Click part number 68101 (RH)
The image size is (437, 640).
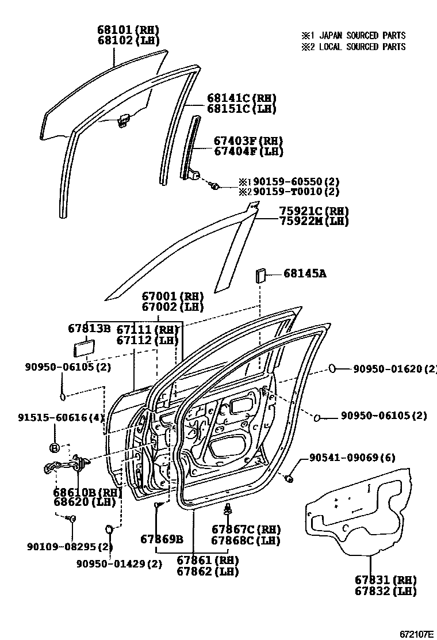pyautogui.click(x=128, y=29)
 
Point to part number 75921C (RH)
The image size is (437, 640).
pyautogui.click(x=314, y=211)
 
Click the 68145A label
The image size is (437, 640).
pyautogui.click(x=304, y=274)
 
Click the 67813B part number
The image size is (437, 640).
pyautogui.click(x=89, y=329)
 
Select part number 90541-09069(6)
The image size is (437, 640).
pyautogui.click(x=351, y=458)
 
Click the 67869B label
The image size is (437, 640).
pyautogui.click(x=162, y=539)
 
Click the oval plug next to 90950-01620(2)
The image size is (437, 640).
pyautogui.click(x=333, y=368)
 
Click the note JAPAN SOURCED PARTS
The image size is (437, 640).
pyautogui.click(x=354, y=36)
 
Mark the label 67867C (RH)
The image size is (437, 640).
pyautogui.click(x=246, y=529)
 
